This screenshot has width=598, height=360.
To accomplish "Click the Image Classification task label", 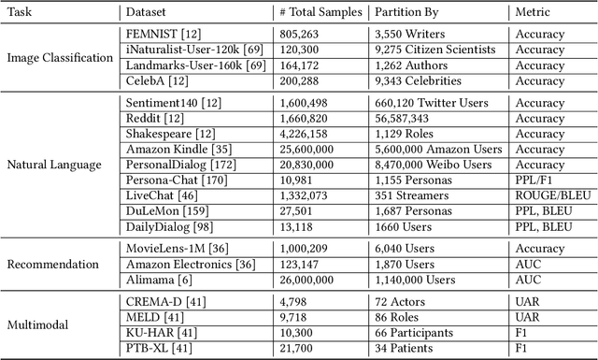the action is pyautogui.click(x=59, y=58).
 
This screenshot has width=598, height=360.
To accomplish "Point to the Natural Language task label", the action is pyautogui.click(x=53, y=166).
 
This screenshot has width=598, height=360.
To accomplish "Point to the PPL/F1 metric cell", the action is pyautogui.click(x=536, y=180).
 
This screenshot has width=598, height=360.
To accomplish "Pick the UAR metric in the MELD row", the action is pyautogui.click(x=527, y=316).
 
